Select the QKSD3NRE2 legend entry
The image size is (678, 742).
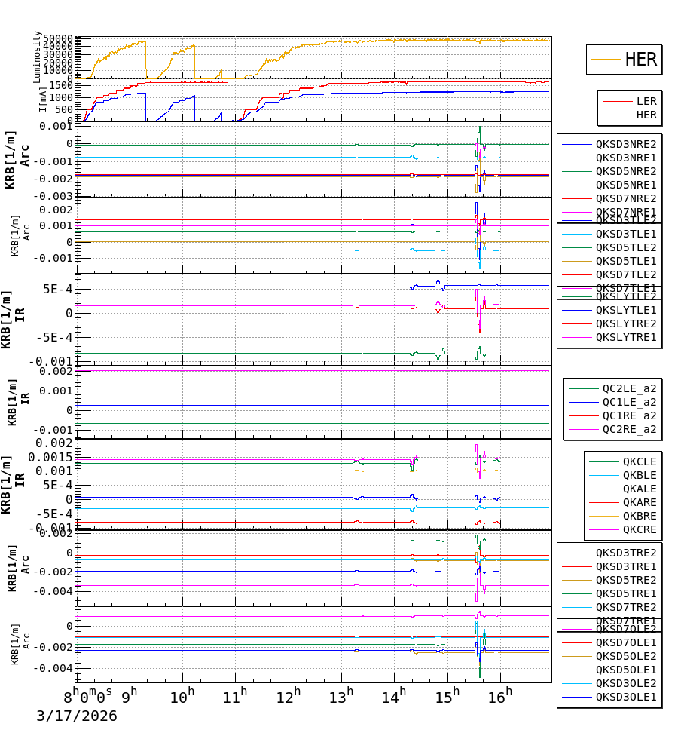625,144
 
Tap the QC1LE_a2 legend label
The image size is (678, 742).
629,402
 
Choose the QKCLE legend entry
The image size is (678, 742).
639,461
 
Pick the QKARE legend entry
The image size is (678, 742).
639,502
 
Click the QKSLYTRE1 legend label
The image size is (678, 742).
625,337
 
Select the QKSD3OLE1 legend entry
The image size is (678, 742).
625,697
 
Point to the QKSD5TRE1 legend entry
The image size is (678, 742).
625,593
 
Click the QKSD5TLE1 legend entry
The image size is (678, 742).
625,261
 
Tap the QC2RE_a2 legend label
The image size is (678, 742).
629,429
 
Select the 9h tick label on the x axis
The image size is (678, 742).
130,694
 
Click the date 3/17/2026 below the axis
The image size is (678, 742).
77,716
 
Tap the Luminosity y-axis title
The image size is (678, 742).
37,57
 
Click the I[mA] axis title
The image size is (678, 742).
44,100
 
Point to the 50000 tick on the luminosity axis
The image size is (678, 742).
57,39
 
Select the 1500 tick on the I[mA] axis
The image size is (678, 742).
60,86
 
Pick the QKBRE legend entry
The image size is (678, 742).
639,516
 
